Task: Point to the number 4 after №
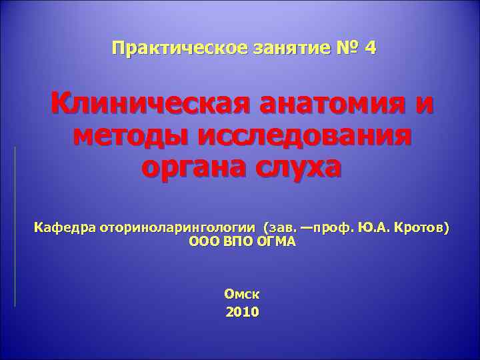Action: tap(371, 48)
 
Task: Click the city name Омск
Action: tap(242, 293)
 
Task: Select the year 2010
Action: tap(242, 311)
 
